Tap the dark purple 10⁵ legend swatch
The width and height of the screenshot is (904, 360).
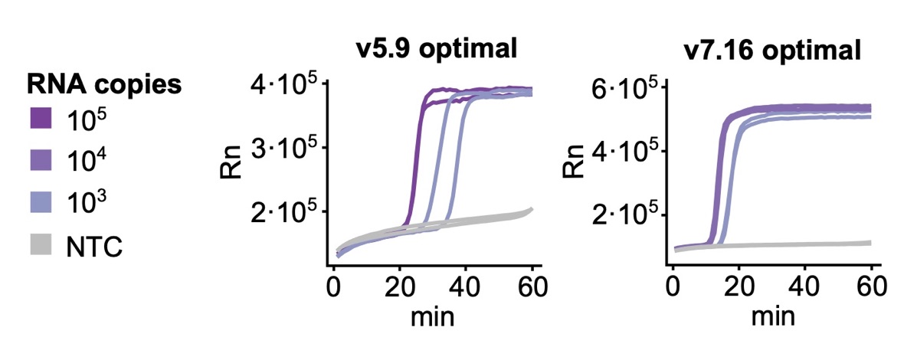(39, 119)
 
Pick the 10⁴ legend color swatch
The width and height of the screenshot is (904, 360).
(39, 162)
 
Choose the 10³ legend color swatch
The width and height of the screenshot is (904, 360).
(39, 205)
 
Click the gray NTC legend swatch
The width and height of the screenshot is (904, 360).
(39, 247)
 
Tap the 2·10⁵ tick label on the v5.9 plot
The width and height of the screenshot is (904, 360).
(283, 212)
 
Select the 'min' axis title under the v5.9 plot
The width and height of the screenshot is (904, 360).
(433, 316)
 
